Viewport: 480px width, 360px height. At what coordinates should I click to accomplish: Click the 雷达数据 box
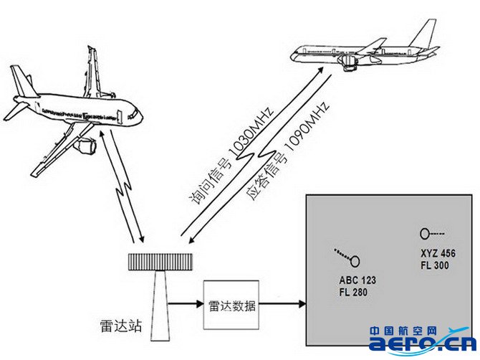(x=230, y=305)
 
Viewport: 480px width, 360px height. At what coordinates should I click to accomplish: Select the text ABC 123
(x=356, y=280)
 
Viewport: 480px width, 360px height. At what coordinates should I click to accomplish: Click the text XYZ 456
(x=438, y=254)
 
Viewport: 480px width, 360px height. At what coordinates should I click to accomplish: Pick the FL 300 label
(x=434, y=266)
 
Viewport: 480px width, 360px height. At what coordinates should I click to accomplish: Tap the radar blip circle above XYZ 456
(x=425, y=233)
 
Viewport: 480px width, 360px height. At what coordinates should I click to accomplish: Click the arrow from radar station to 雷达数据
(x=187, y=304)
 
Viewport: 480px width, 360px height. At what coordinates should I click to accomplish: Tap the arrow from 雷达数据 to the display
(x=281, y=304)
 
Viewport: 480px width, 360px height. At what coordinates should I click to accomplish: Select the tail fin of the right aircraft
(x=423, y=35)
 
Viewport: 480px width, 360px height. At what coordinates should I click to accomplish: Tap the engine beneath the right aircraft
(x=349, y=65)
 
